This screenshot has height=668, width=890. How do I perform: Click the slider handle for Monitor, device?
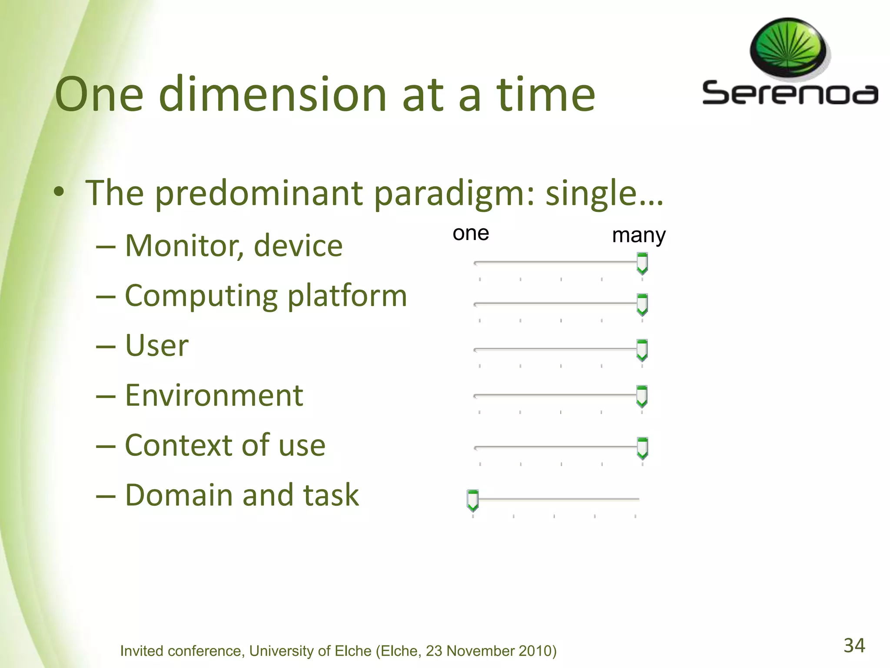(x=642, y=264)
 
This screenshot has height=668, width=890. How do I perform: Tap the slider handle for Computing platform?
(x=642, y=304)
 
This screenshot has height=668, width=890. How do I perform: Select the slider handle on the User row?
(x=642, y=350)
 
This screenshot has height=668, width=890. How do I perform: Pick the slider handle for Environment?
(x=641, y=396)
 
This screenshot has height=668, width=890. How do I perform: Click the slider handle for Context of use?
(x=642, y=448)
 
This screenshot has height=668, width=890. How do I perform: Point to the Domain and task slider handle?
(x=472, y=500)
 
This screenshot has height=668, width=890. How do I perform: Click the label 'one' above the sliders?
(x=471, y=234)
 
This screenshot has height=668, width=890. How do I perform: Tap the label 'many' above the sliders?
(x=638, y=236)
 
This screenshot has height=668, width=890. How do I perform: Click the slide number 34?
(x=854, y=645)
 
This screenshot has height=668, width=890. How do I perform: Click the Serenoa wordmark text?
(x=790, y=93)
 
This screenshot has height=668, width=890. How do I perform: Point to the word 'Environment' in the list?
(x=214, y=396)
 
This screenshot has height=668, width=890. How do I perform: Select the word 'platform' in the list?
(x=347, y=296)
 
